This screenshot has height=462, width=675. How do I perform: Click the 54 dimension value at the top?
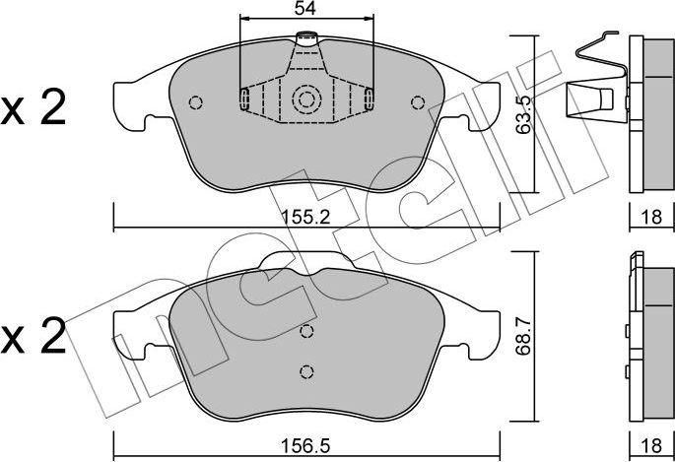[x=305, y=8]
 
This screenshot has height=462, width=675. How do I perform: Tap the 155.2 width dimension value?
[x=305, y=217]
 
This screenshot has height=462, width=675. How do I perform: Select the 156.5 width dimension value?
[x=305, y=445]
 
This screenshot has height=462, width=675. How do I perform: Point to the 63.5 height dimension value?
[x=523, y=115]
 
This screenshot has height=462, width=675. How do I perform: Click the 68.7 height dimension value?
[x=523, y=336]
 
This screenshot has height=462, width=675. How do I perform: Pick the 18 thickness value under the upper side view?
[x=651, y=217]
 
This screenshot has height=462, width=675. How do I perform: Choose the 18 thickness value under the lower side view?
[x=651, y=445]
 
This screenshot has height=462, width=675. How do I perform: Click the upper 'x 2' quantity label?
[x=34, y=107]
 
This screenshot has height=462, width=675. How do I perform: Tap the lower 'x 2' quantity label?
[x=34, y=336]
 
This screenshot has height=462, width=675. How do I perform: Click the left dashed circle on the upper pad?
[x=196, y=102]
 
